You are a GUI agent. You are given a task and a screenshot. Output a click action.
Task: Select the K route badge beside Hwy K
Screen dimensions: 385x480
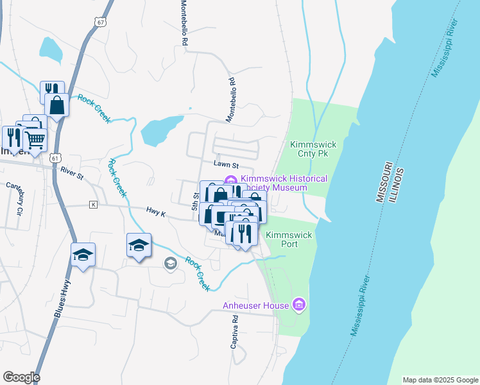(93, 205)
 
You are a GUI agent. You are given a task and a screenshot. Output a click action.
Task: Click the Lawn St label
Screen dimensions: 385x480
(226, 165)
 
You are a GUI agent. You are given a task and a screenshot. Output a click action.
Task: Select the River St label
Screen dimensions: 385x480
(72, 171)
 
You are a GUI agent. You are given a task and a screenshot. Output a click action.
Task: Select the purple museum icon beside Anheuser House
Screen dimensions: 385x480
(298, 304)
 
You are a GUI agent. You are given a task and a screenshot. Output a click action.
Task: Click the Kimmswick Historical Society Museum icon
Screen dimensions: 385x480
(230, 179)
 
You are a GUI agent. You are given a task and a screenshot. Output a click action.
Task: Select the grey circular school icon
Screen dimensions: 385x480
(170, 263)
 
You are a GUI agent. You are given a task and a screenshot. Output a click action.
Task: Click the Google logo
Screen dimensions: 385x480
(21, 377)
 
